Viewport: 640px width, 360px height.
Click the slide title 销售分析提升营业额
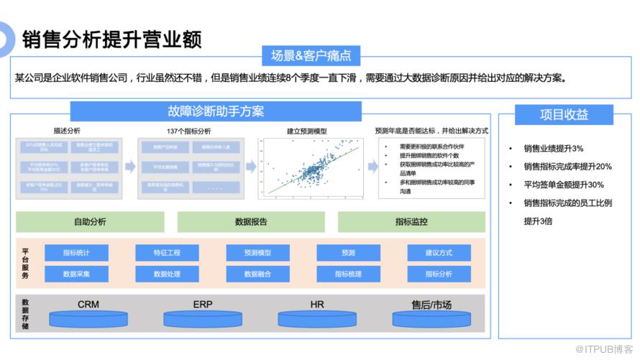coord(111,38)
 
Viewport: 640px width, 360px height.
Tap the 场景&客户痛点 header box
coord(311,56)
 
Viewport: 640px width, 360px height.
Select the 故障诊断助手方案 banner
coord(216,111)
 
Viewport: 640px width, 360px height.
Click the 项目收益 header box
coord(564,114)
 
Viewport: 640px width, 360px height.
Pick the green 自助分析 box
coord(90,221)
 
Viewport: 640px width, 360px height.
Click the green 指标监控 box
coord(411,221)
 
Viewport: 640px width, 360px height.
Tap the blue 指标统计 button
coord(76,253)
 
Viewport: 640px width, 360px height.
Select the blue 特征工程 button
coord(167,253)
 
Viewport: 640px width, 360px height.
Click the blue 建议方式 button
coord(439,253)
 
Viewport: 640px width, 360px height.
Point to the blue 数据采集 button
coord(76,274)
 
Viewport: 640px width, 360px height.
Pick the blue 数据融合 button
coord(257,274)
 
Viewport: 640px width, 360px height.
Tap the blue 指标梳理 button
coord(348,274)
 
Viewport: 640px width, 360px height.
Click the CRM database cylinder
coord(88,318)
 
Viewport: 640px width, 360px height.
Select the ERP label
coord(203,305)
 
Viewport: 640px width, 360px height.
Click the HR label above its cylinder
coord(317,305)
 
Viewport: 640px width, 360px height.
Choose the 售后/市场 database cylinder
coord(431,318)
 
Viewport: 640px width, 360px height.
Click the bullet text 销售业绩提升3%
coord(554,148)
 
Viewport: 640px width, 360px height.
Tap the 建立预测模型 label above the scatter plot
coord(307,131)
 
